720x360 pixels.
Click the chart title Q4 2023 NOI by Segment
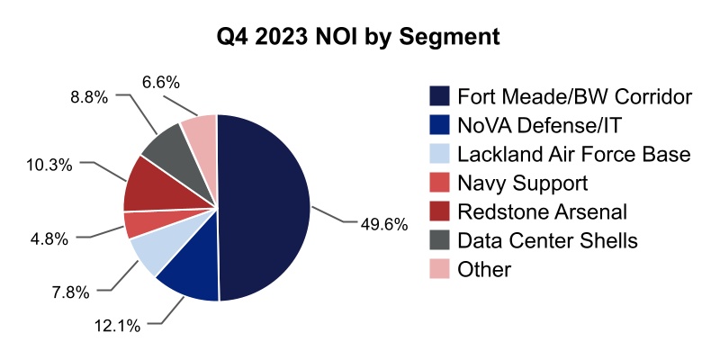point(359,38)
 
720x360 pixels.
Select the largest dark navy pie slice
point(265,207)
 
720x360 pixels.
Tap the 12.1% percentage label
point(117,326)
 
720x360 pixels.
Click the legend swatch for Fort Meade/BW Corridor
point(439,96)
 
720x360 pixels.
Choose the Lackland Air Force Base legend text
point(573,155)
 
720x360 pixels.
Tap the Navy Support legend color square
point(439,184)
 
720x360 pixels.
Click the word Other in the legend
point(484,269)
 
